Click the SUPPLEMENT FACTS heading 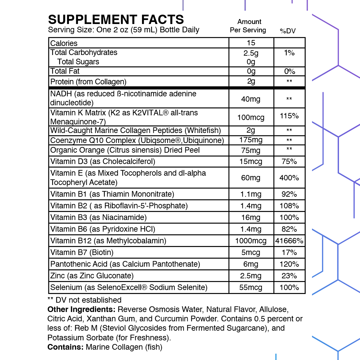[116, 19]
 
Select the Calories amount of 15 [251, 43]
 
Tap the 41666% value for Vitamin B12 [289, 241]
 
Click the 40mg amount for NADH [251, 99]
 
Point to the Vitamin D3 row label [103, 162]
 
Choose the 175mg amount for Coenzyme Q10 [251, 140]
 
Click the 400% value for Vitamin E [289, 178]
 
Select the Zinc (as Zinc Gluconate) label [92, 276]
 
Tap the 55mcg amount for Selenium [251, 287]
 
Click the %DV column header [288, 31]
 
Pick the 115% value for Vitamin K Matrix [289, 116]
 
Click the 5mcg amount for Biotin [251, 252]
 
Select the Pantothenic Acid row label [125, 264]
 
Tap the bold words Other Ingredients [81, 309]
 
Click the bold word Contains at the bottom [66, 347]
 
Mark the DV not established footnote [85, 300]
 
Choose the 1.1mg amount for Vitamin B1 [251, 194]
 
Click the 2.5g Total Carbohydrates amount [251, 53]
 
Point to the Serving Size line [124, 30]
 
